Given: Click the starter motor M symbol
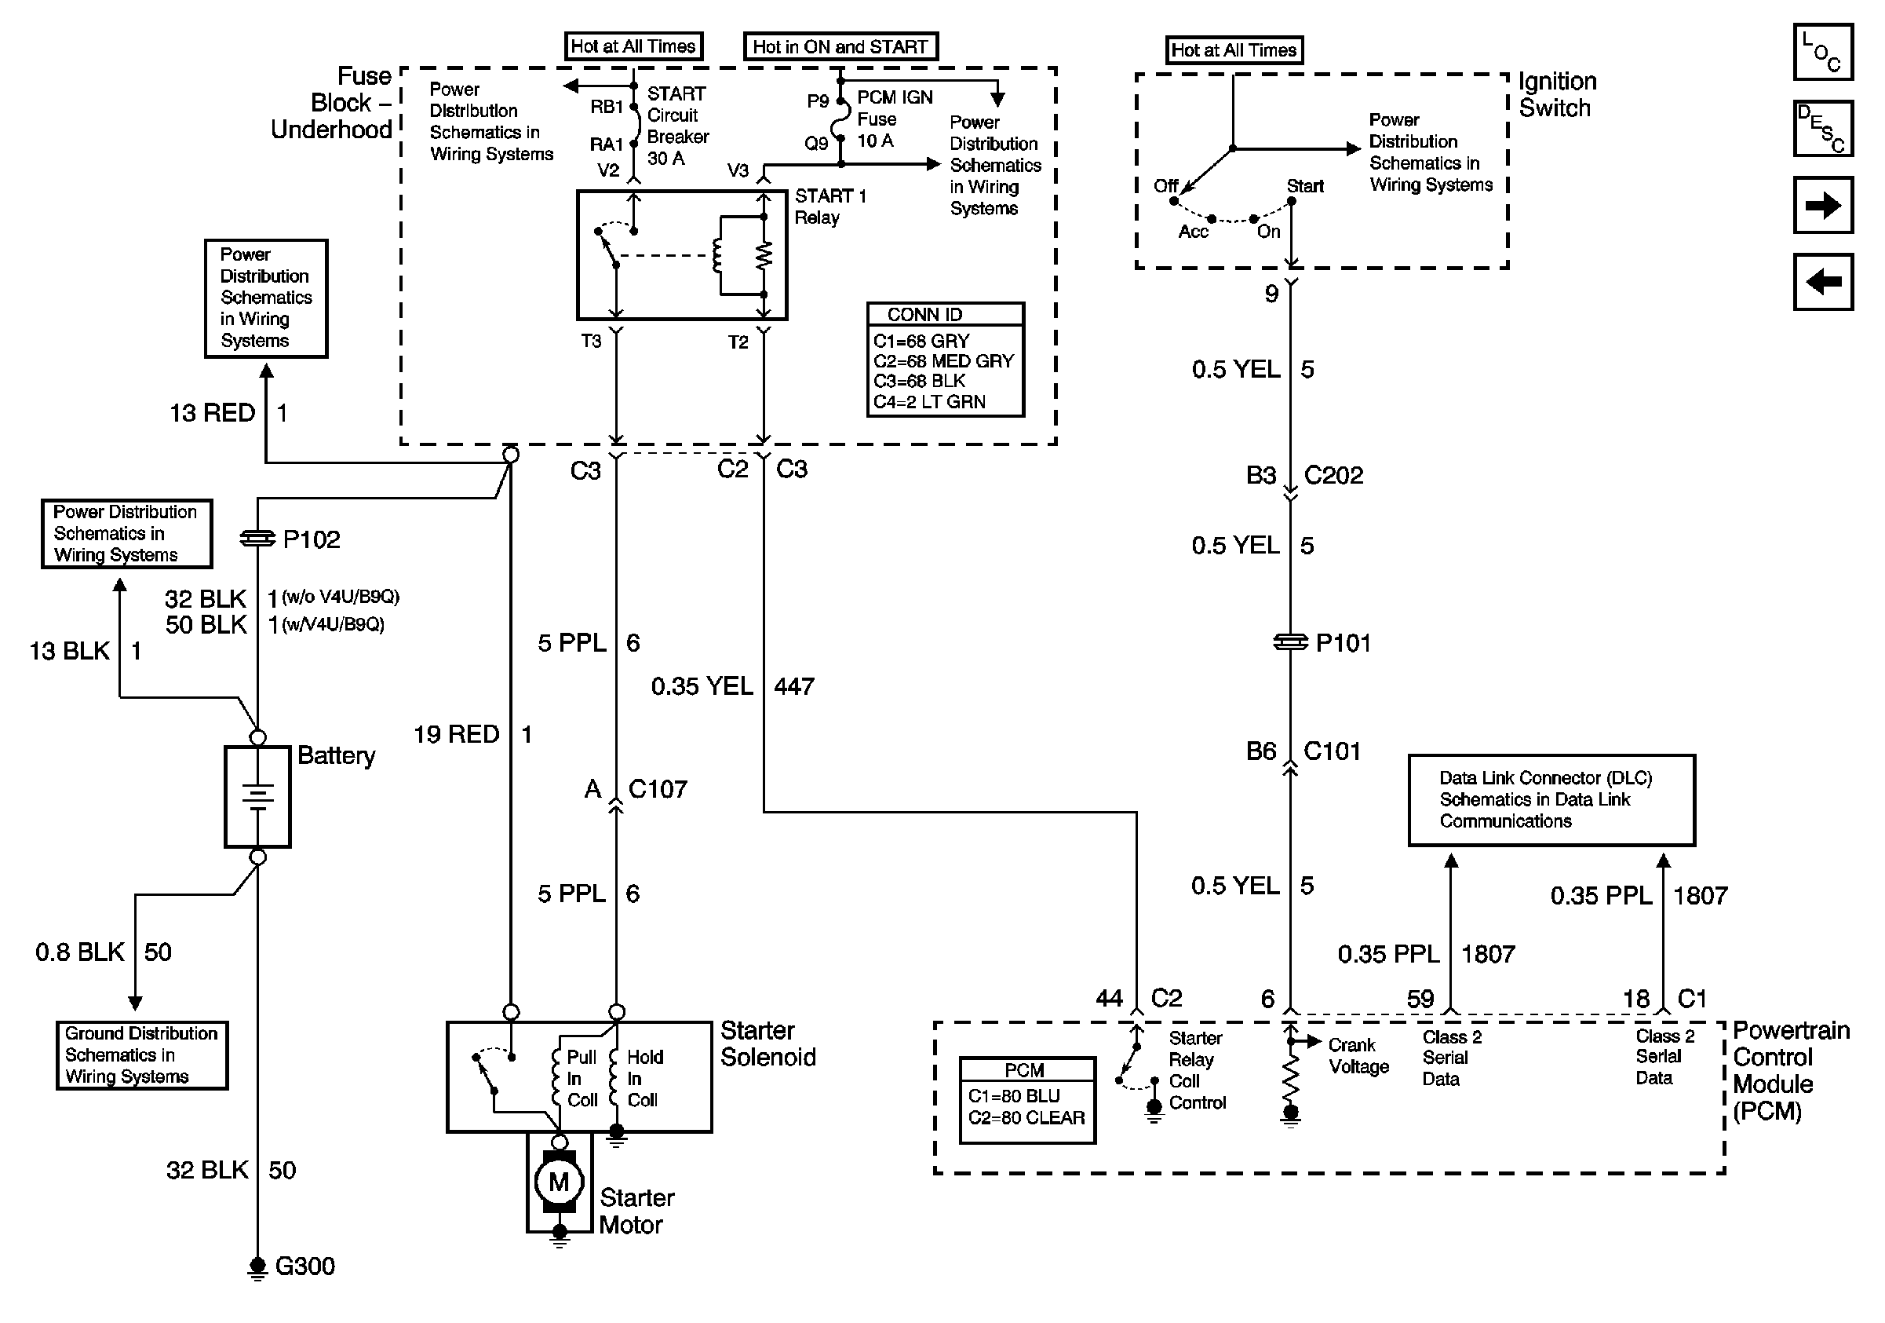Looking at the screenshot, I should click(558, 1182).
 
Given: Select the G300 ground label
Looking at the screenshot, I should click(304, 1266).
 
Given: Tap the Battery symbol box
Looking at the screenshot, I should click(257, 796).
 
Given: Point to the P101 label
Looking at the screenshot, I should click(1344, 643).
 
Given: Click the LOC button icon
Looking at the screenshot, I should click(1822, 53).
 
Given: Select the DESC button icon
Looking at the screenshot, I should click(1822, 128).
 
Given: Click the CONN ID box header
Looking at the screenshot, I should click(945, 315).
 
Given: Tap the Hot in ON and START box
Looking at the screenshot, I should click(840, 47).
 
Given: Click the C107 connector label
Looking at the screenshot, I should click(658, 789).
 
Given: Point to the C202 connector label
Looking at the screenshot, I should click(1333, 476).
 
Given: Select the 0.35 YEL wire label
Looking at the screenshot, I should click(702, 686).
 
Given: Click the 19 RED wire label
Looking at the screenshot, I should click(457, 734).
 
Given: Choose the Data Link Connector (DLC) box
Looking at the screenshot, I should click(1551, 800).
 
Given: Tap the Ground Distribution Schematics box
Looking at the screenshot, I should click(142, 1055).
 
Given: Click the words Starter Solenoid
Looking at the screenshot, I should click(767, 1043).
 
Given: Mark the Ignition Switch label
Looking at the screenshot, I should click(1557, 94).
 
